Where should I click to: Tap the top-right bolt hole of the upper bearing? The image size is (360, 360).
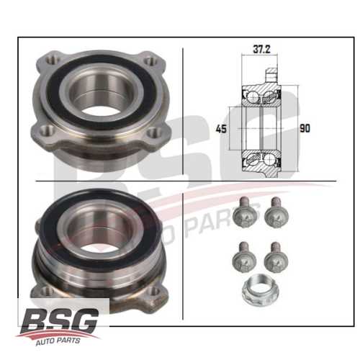pos(150,62)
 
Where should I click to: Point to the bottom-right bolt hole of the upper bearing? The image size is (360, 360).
pos(153,133)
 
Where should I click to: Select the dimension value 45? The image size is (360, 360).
pos(222,129)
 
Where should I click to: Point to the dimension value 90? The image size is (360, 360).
pos(305,129)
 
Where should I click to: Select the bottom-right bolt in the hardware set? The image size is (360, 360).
pos(272,256)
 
